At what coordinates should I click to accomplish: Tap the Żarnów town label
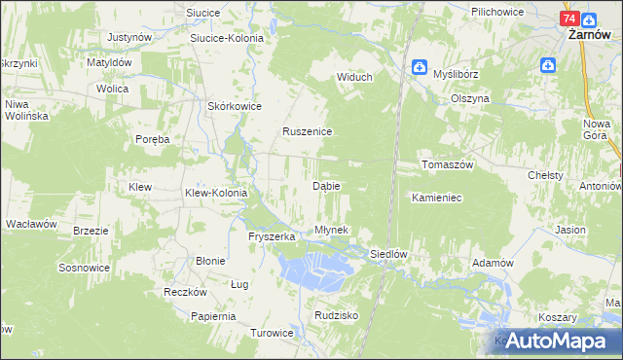pyautogui.click(x=588, y=32)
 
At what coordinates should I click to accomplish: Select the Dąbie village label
pyautogui.click(x=325, y=185)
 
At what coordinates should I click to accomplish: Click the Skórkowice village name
pyautogui.click(x=232, y=106)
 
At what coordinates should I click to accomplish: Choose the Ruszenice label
pyautogui.click(x=308, y=131)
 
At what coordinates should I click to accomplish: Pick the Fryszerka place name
pyautogui.click(x=272, y=236)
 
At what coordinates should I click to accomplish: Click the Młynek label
pyautogui.click(x=331, y=230)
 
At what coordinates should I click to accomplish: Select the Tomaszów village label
pyautogui.click(x=447, y=164)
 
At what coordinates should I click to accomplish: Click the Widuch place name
pyautogui.click(x=355, y=77)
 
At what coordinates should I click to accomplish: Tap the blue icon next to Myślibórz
pyautogui.click(x=419, y=66)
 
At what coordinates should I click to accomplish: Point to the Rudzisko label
pyautogui.click(x=337, y=315)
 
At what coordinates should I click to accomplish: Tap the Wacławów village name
pyautogui.click(x=31, y=224)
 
